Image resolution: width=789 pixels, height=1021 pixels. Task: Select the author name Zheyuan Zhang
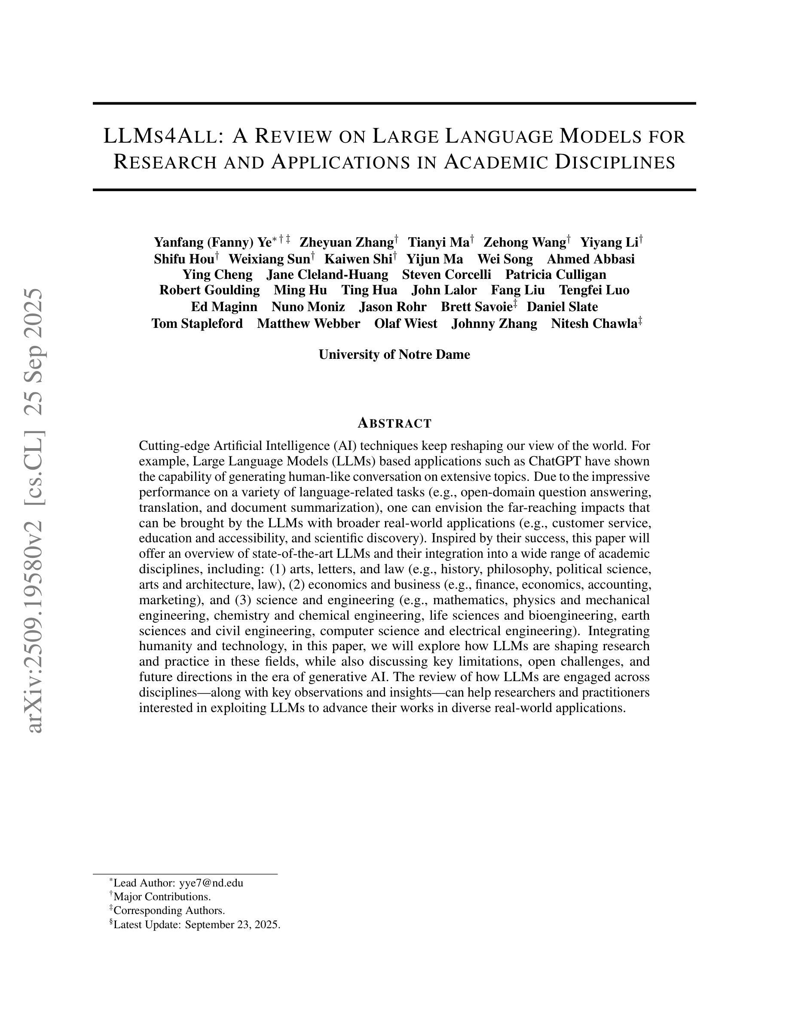[x=346, y=242]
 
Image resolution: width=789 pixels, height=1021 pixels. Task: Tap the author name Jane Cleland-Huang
[x=327, y=275]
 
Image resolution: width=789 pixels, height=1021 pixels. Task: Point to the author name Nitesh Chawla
[x=594, y=324]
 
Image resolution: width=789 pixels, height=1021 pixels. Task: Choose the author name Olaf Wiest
[x=406, y=324]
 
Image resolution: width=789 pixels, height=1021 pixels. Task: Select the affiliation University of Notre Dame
[x=394, y=355]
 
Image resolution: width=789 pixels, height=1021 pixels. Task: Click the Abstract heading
[x=394, y=423]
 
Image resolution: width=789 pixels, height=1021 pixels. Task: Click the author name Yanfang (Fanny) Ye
[x=213, y=242]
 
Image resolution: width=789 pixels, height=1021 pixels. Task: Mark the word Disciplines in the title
[x=615, y=162]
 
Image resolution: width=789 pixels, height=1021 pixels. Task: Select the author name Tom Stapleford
[x=197, y=324]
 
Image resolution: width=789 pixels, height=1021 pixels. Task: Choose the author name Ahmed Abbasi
[x=590, y=259]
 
